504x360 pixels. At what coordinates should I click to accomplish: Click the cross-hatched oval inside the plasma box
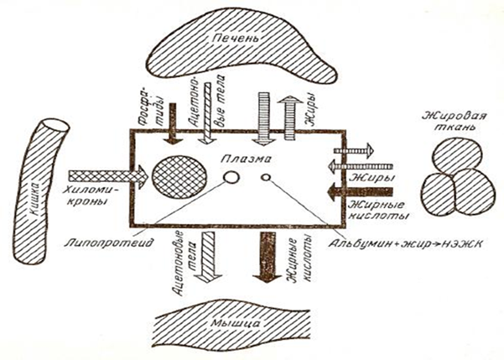[x=181, y=178]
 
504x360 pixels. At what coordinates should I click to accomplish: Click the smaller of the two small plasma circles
[x=267, y=177]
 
